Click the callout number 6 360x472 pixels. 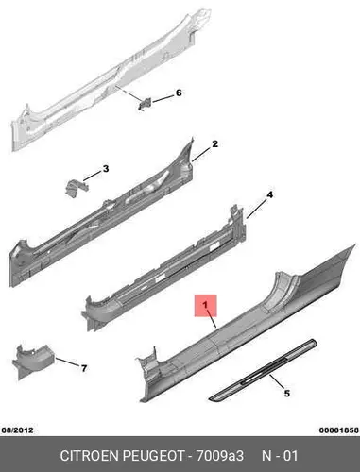coord(179,93)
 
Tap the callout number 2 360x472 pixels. coord(214,144)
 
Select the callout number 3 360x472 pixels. coord(106,169)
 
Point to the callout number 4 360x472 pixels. coord(269,195)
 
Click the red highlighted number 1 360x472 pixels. coord(205,305)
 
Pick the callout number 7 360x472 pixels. coord(84,368)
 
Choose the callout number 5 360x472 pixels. coord(287,394)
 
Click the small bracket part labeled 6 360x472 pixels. coord(145,104)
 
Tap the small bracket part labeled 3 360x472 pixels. coord(76,188)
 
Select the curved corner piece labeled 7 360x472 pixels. coord(32,361)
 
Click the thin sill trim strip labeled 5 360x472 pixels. coord(263,370)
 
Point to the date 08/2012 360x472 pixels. coord(18,430)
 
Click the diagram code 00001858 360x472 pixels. coord(339,430)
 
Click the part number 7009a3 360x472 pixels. coord(220,456)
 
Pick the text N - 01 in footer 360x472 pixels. coord(280,456)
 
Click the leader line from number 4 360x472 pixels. coord(256,209)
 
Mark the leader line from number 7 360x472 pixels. coord(67,362)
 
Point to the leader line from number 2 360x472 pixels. coord(201,155)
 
